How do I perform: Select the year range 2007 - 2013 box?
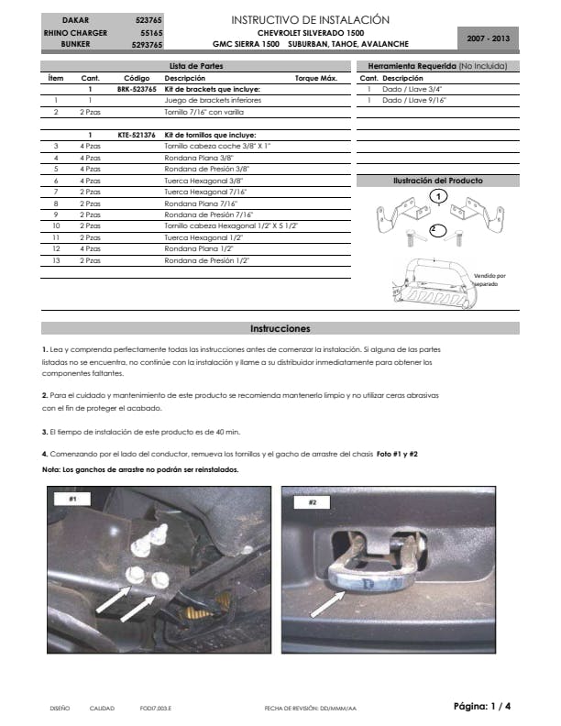489,39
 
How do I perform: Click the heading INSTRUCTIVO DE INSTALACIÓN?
311,19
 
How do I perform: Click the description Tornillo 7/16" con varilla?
203,112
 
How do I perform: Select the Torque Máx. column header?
316,79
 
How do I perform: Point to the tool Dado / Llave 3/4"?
413,89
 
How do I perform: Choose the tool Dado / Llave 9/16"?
414,100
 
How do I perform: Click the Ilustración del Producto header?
437,181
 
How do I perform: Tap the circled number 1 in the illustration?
439,196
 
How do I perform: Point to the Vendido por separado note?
490,280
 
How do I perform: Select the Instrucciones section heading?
280,328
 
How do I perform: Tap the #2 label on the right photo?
313,502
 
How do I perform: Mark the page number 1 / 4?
482,706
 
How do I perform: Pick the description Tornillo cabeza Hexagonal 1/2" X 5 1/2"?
231,225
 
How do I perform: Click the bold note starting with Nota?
140,469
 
